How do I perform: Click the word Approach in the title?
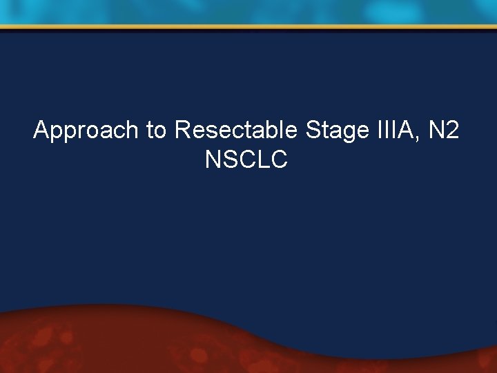click(86, 130)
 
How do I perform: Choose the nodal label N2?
click(442, 130)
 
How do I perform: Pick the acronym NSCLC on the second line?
click(246, 160)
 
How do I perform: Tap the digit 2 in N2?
click(451, 130)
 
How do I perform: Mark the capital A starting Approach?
click(41, 130)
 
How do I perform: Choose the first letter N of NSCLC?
click(213, 160)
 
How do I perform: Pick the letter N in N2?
click(433, 130)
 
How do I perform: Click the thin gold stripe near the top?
click(248, 28)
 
